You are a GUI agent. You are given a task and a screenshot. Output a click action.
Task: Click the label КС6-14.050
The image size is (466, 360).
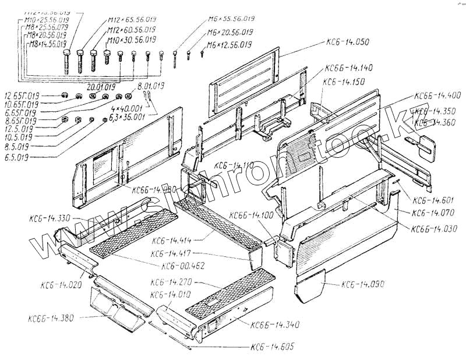[x=348, y=43]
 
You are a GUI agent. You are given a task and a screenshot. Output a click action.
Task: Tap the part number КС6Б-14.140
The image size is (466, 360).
[x=348, y=68]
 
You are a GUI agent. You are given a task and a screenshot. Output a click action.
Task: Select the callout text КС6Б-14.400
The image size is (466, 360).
[x=437, y=96]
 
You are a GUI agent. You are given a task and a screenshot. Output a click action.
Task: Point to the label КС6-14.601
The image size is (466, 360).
[x=431, y=200]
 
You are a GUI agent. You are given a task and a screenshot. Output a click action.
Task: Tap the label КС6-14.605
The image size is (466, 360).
[x=273, y=347]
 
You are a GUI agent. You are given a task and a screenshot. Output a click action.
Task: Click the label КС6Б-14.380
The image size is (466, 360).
[x=51, y=318]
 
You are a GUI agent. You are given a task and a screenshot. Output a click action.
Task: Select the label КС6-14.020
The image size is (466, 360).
[x=61, y=285]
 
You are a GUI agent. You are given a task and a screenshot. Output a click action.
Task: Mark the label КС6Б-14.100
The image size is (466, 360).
[x=252, y=216]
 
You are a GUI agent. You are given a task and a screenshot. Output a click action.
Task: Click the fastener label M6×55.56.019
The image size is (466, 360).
[x=231, y=19]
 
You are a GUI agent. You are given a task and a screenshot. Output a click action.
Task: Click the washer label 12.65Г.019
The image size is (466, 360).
[x=22, y=96]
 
